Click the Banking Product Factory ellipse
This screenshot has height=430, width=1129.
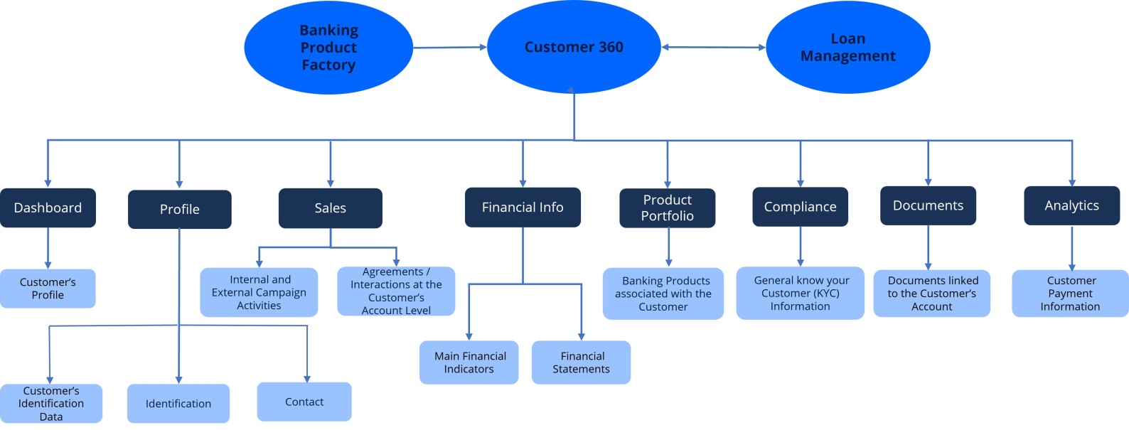(x=328, y=48)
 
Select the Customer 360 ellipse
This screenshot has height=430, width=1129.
(x=574, y=47)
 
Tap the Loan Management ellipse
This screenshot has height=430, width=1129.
(x=847, y=48)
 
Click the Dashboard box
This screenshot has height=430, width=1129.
(x=48, y=208)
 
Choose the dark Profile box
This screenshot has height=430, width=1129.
(x=179, y=209)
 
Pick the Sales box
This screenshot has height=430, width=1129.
(x=330, y=208)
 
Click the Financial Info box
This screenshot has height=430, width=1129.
(x=523, y=208)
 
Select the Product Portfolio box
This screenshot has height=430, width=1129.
(x=667, y=208)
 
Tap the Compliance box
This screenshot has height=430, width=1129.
(x=800, y=207)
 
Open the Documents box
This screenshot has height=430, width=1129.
(x=928, y=205)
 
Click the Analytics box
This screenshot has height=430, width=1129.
(x=1071, y=205)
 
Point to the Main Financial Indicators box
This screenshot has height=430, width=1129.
(x=469, y=362)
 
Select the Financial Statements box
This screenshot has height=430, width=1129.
(x=581, y=362)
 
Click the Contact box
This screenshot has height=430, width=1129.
(x=304, y=402)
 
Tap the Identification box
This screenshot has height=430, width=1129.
(x=178, y=404)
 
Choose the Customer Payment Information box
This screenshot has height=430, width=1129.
(x=1070, y=294)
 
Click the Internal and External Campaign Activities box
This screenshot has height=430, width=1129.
(x=259, y=292)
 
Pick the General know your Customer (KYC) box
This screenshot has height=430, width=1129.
(x=800, y=293)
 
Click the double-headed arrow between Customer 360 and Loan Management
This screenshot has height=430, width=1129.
(x=713, y=48)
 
